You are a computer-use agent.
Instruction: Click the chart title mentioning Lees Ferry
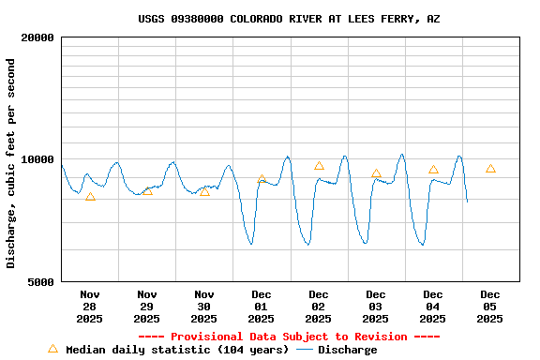tap(289, 19)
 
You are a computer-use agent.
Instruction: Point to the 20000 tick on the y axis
tap(39, 38)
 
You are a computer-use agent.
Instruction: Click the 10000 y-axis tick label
tap(39, 160)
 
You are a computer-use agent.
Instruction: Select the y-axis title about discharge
tap(11, 163)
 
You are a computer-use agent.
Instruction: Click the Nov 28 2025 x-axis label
tap(90, 307)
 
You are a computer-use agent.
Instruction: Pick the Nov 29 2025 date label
tap(147, 307)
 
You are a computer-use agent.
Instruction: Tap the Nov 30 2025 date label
tap(204, 307)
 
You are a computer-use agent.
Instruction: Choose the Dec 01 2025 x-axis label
tap(262, 307)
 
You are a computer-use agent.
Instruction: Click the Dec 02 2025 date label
tap(319, 307)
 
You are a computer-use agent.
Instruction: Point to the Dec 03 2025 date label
tap(376, 307)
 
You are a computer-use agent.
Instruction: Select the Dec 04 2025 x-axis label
tap(433, 307)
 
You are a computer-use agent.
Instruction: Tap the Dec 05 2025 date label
tap(490, 307)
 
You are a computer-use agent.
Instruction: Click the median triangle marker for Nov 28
tap(90, 197)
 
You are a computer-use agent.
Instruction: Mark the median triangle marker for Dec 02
tap(319, 166)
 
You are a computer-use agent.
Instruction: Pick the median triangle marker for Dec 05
tap(490, 169)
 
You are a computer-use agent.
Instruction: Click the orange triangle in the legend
tap(52, 349)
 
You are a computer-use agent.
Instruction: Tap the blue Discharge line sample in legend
tap(305, 350)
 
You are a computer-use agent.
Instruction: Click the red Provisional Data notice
tap(289, 337)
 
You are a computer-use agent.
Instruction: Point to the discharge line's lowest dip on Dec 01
tap(250, 244)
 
